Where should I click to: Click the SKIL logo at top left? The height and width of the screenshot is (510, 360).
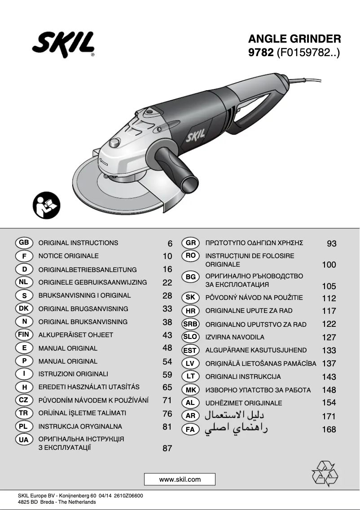click(63, 45)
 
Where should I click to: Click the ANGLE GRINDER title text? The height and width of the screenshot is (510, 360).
click(294, 39)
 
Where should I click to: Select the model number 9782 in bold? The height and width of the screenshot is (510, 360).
click(261, 53)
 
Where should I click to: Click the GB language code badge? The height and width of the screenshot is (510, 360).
click(24, 243)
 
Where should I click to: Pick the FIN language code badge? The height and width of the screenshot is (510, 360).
click(24, 335)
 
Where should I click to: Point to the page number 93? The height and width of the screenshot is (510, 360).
click(331, 244)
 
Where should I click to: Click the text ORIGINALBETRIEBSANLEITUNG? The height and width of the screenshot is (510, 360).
click(88, 270)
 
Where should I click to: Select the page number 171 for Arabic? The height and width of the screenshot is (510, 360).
click(329, 417)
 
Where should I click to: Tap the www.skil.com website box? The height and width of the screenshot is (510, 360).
click(180, 479)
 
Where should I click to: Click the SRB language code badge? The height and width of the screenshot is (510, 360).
click(190, 324)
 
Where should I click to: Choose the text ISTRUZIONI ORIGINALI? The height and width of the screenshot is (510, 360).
click(73, 374)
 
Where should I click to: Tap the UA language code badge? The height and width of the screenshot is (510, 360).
click(24, 440)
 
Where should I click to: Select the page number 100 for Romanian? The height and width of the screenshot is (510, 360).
click(329, 265)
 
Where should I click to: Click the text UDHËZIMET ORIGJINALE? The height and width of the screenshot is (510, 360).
click(244, 403)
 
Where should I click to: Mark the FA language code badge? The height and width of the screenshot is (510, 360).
click(190, 430)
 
